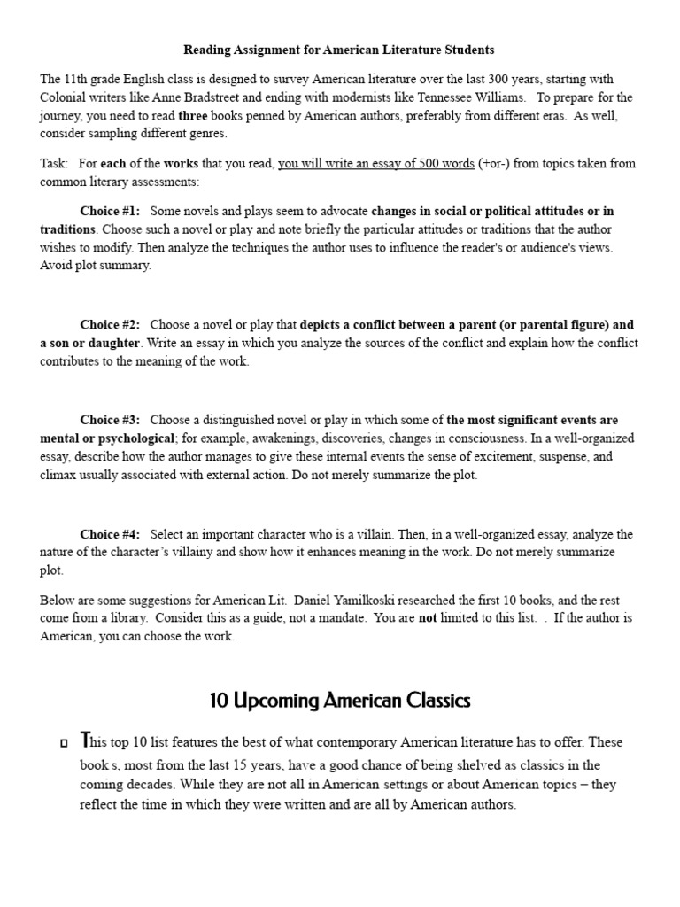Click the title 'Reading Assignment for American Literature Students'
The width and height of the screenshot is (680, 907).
(339, 50)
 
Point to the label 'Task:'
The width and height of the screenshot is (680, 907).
(55, 164)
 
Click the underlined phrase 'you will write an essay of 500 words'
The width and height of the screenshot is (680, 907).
(375, 164)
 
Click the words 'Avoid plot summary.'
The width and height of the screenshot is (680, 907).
(96, 266)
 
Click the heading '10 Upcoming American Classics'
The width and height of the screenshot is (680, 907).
(340, 701)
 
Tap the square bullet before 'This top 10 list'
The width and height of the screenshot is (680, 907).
(65, 741)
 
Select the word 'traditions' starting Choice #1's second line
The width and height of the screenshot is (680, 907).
(67, 229)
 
